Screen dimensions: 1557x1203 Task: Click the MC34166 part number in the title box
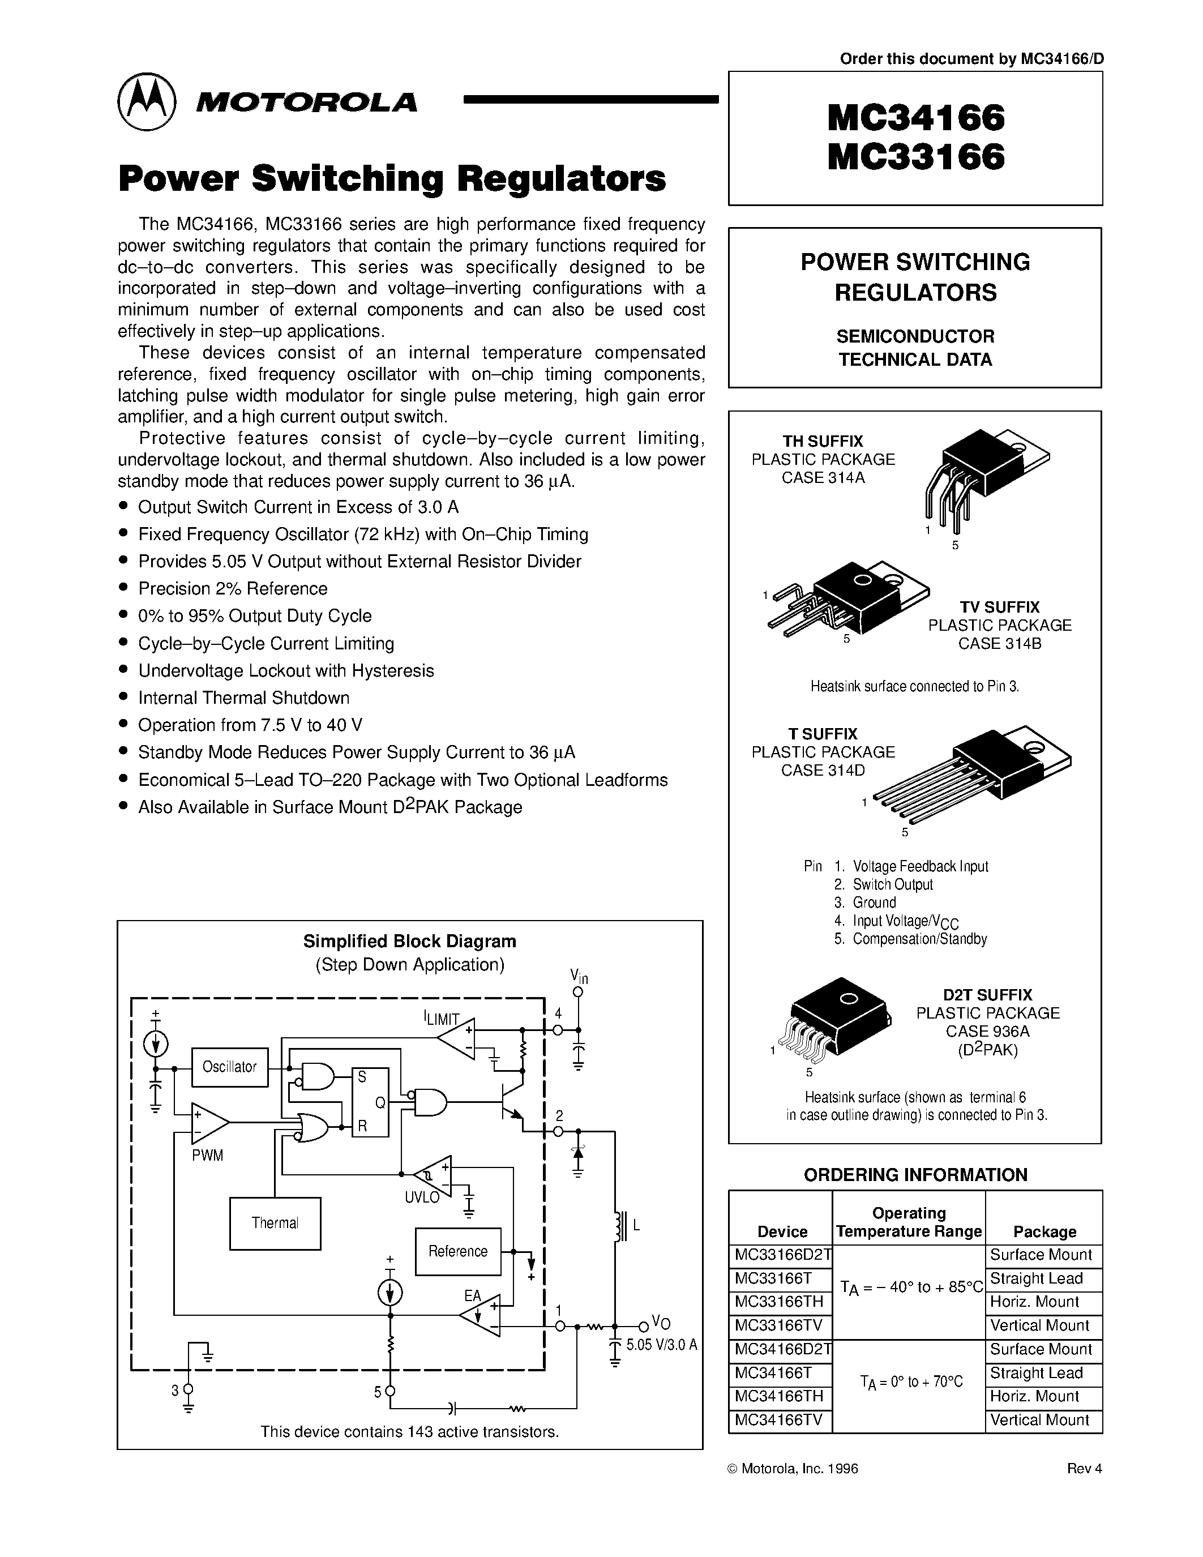pos(916,118)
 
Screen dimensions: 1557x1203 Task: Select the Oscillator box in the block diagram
pos(229,1067)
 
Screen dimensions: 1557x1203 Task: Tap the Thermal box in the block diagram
pos(275,1224)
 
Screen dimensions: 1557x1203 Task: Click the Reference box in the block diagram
pos(457,1251)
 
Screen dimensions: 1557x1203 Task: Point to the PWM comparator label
pos(207,1156)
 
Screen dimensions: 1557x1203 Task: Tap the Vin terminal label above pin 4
pos(579,976)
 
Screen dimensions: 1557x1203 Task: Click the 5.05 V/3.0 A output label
pos(661,1345)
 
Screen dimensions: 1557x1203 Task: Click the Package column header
pos(1044,1231)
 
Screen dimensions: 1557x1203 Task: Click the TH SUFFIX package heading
pos(823,440)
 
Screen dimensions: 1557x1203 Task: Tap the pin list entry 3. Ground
pos(865,902)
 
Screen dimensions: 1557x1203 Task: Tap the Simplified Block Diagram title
pos(409,941)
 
